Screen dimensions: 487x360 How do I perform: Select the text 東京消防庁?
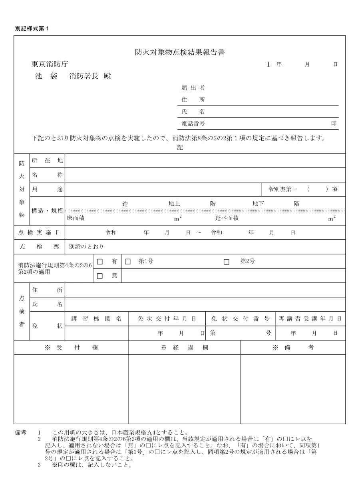point(50,64)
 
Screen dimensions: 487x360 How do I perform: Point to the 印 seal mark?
point(334,124)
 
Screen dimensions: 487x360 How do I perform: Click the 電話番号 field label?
point(193,124)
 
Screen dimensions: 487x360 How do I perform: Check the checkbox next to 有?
point(100,261)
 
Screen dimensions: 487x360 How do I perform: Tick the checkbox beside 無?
point(100,276)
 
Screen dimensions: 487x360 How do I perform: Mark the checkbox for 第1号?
point(128,261)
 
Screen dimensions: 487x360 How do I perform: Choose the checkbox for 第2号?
point(227,262)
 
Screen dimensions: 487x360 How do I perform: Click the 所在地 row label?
point(47,161)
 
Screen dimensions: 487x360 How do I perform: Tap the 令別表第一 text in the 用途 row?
point(282,189)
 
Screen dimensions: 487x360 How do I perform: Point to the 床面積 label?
point(76,218)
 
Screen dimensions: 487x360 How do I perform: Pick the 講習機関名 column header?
point(96,319)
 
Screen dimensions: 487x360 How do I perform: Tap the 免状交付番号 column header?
point(240,319)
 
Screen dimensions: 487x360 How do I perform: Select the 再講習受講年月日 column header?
point(310,319)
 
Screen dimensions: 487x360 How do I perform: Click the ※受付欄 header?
point(71,348)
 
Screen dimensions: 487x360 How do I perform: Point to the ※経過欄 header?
point(185,348)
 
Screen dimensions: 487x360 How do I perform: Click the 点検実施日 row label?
point(39,233)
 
